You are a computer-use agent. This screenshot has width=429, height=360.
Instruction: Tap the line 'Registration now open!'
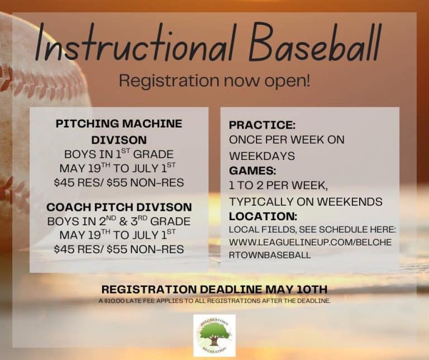point(214,80)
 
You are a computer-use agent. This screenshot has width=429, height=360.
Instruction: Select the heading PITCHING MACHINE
point(118,124)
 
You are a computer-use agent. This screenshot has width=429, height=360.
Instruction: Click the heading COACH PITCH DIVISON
point(118,207)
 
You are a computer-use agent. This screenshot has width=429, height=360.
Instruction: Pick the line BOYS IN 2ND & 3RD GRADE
point(118,221)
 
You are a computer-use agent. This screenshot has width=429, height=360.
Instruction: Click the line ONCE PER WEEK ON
point(287,139)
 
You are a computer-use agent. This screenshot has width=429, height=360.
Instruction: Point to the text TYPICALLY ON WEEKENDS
point(306,201)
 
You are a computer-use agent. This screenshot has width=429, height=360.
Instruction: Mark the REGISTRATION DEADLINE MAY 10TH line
point(214,290)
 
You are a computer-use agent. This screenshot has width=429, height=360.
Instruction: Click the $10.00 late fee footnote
point(214,301)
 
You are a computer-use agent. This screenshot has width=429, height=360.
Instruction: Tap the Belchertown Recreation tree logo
point(214,335)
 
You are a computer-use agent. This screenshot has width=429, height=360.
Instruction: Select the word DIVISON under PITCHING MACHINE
point(118,139)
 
